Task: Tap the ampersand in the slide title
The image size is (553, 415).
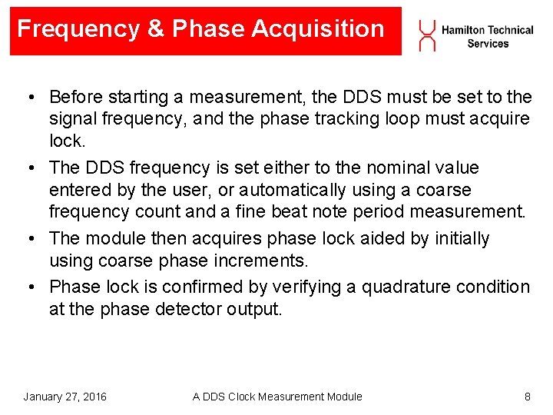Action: (x=156, y=29)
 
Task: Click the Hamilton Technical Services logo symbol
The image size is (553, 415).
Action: (x=426, y=35)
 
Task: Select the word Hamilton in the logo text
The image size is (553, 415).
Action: (x=462, y=30)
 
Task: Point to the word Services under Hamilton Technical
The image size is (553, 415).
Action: (x=488, y=44)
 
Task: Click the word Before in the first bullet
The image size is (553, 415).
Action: (x=75, y=98)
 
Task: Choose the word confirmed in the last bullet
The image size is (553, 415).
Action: (x=214, y=287)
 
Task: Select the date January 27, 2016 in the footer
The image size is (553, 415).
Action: (x=65, y=397)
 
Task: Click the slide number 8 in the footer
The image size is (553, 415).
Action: (x=527, y=397)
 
